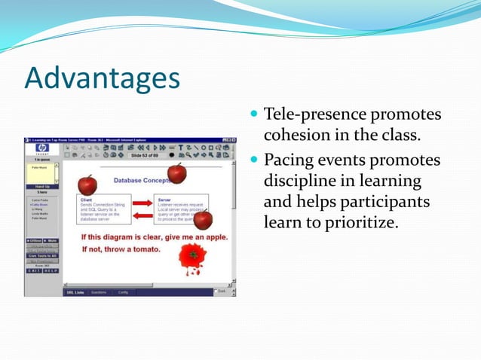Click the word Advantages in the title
tap(103, 79)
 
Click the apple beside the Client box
tap(87, 184)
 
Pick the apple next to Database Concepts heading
tap(176, 173)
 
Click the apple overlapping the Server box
tap(203, 219)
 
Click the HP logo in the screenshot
tap(42, 150)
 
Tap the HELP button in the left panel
tap(51, 270)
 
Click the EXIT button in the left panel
tap(35, 270)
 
